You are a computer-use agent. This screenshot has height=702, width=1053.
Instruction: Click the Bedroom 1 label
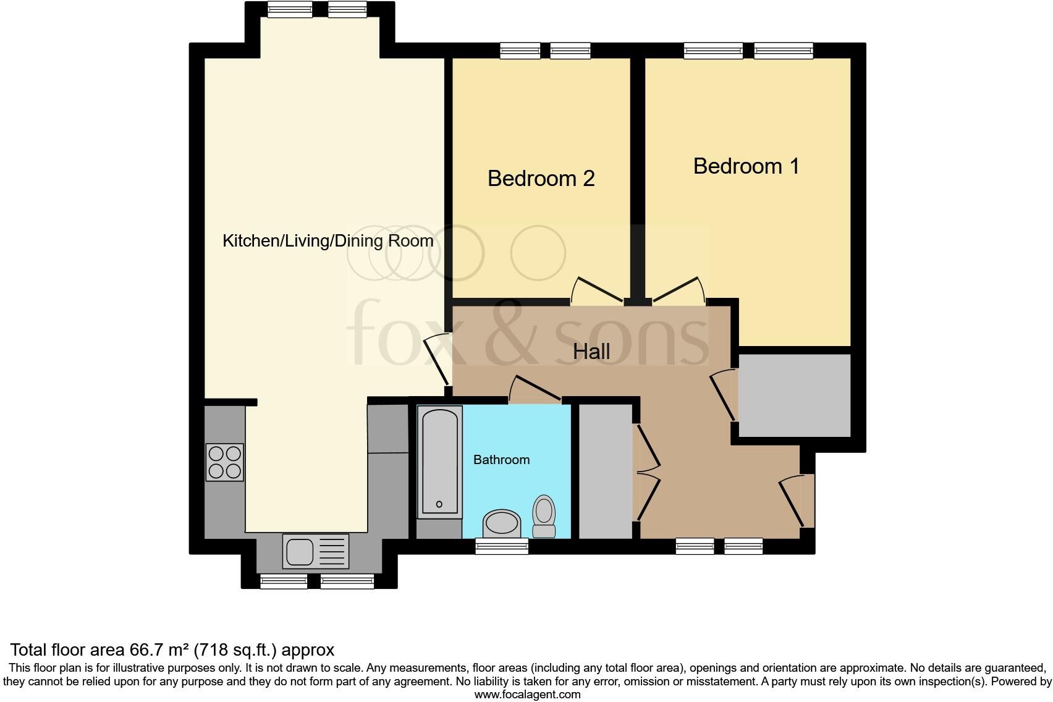[x=746, y=166]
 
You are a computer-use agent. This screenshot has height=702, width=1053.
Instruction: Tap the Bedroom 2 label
[x=541, y=179]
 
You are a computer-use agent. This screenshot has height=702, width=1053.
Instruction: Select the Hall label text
[x=591, y=352]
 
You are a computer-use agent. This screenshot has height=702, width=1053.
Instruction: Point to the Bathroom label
[x=501, y=460]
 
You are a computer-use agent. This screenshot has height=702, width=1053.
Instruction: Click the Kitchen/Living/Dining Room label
[x=328, y=241]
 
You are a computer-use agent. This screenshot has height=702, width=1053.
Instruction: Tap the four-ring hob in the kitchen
[x=224, y=462]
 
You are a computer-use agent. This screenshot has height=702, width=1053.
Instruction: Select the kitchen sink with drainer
[x=315, y=551]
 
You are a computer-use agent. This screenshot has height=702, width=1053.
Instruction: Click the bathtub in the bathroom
[x=440, y=462]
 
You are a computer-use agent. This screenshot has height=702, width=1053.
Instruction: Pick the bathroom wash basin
[x=502, y=523]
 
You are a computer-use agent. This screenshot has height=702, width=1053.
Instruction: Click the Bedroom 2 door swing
[x=596, y=290]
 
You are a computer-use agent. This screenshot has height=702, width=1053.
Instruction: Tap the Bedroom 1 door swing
[x=679, y=290]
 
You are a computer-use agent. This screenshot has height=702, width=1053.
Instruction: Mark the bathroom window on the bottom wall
[x=501, y=546]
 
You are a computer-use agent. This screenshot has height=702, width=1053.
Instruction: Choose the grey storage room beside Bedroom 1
[x=794, y=395]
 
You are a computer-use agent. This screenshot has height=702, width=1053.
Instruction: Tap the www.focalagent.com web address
[x=527, y=695]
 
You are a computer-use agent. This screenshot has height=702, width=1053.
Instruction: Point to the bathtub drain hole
[x=439, y=504]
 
